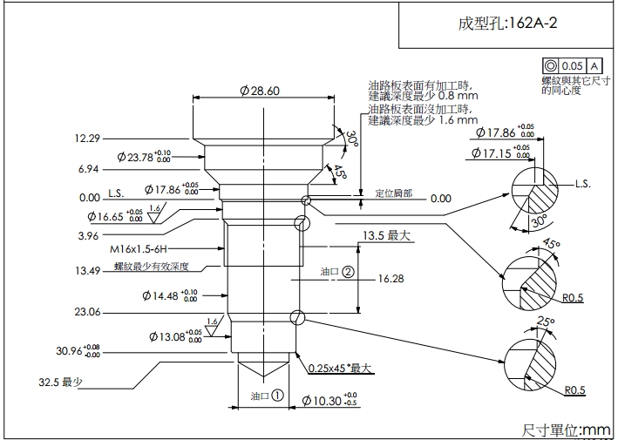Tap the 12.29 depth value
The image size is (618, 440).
pyautogui.click(x=88, y=138)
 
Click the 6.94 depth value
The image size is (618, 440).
pyautogui.click(x=88, y=168)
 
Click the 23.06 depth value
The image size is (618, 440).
pyautogui.click(x=88, y=311)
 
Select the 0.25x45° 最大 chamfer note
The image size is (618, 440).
pyautogui.click(x=340, y=369)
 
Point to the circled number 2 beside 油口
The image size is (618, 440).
pyautogui.click(x=348, y=271)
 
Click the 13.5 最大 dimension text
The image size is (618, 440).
pyautogui.click(x=386, y=235)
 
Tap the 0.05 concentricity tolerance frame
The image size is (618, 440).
pyautogui.click(x=572, y=65)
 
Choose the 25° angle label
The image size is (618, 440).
pyautogui.click(x=546, y=322)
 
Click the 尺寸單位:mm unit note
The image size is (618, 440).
pyautogui.click(x=566, y=429)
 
